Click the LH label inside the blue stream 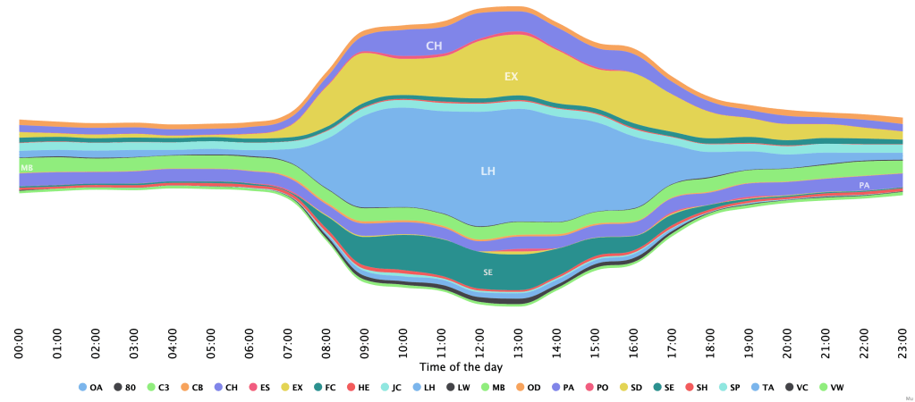tap(487, 170)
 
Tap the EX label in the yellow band tap(511, 77)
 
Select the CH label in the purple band tap(434, 45)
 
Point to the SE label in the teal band tap(487, 272)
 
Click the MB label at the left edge tap(27, 167)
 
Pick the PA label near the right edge tap(864, 185)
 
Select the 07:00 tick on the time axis tap(288, 343)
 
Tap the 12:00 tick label tap(480, 343)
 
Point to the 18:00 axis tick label tap(710, 343)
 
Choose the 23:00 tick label tap(902, 343)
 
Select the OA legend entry tap(90, 388)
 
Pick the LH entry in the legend tap(424, 388)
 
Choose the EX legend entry tap(291, 388)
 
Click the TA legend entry tap(762, 388)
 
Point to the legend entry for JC tap(390, 388)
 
